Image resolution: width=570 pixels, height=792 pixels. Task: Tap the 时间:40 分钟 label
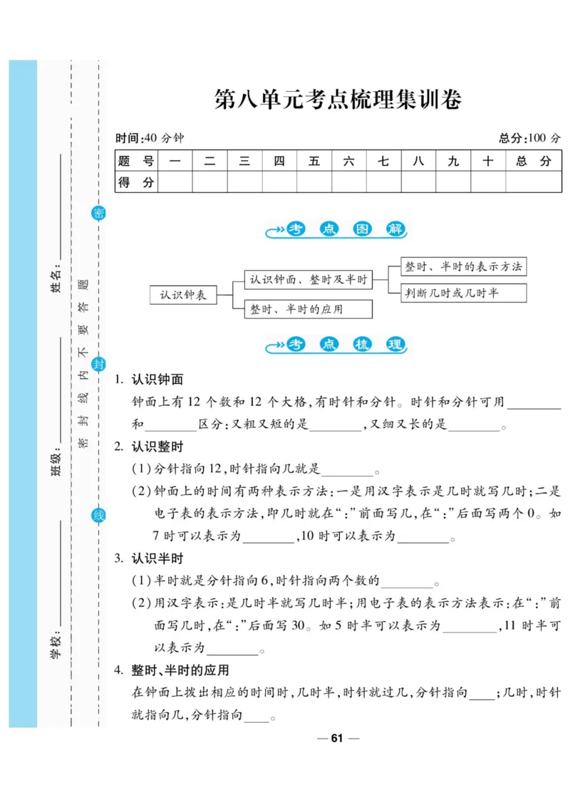coord(149,138)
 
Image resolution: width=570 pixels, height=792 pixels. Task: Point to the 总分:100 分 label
coord(529,138)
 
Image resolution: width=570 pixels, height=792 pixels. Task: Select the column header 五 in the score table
coord(314,162)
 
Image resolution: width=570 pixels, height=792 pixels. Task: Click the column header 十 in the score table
coord(488,162)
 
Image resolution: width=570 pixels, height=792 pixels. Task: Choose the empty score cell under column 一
coord(175,182)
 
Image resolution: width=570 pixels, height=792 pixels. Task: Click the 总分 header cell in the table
coord(533,162)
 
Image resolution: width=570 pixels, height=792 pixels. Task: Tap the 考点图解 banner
coord(337,230)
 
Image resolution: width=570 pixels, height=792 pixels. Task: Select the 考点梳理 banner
coord(337,345)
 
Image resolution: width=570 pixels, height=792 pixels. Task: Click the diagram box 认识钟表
coord(183,295)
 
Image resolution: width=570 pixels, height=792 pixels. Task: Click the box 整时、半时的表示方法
coord(463,267)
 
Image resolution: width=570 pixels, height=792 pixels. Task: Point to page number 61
coord(337,738)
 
